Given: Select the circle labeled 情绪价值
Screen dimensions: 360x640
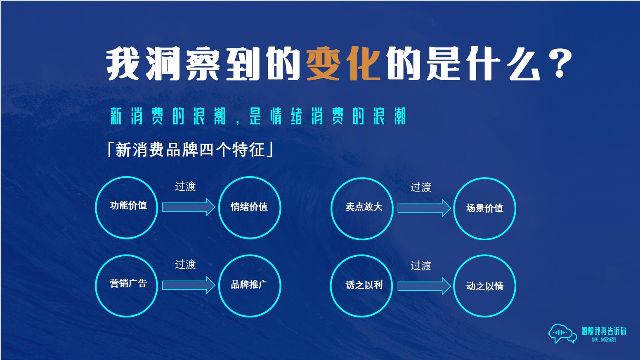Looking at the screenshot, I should point(249,207).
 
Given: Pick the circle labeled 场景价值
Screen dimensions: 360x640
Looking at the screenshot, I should point(484,208).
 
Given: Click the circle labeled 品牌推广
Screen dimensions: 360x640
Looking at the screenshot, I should point(249,286).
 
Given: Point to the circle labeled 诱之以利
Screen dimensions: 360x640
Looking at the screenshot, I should point(362,286).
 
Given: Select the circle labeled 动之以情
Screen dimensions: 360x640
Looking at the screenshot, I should point(484,286).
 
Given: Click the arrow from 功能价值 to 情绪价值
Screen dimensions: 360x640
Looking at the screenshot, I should point(188,207).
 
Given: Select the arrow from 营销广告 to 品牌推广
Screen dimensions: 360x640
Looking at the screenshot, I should point(188,285).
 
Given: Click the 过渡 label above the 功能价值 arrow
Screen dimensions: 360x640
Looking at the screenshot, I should point(185,187).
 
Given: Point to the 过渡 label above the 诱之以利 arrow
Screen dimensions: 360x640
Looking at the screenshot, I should point(421,265).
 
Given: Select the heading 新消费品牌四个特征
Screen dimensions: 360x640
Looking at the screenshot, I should point(190,149).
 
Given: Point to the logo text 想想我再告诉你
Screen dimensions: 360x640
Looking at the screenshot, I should point(604,331).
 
